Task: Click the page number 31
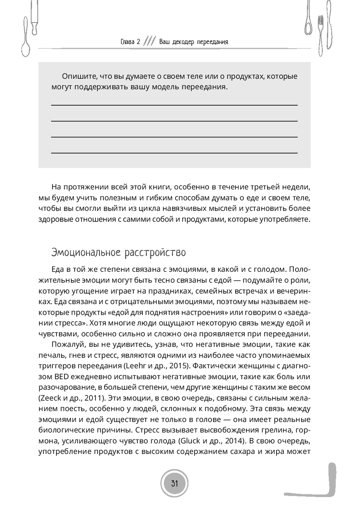coord(174,483)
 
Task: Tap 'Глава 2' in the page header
coord(130,42)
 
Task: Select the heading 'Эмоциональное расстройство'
coord(119,252)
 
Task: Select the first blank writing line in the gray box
coord(174,105)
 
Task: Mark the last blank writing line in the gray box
coord(174,153)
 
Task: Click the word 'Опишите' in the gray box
coord(77,77)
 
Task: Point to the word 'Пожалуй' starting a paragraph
coord(66,344)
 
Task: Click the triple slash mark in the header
coord(150,41)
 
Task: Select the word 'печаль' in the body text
coord(49,355)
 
